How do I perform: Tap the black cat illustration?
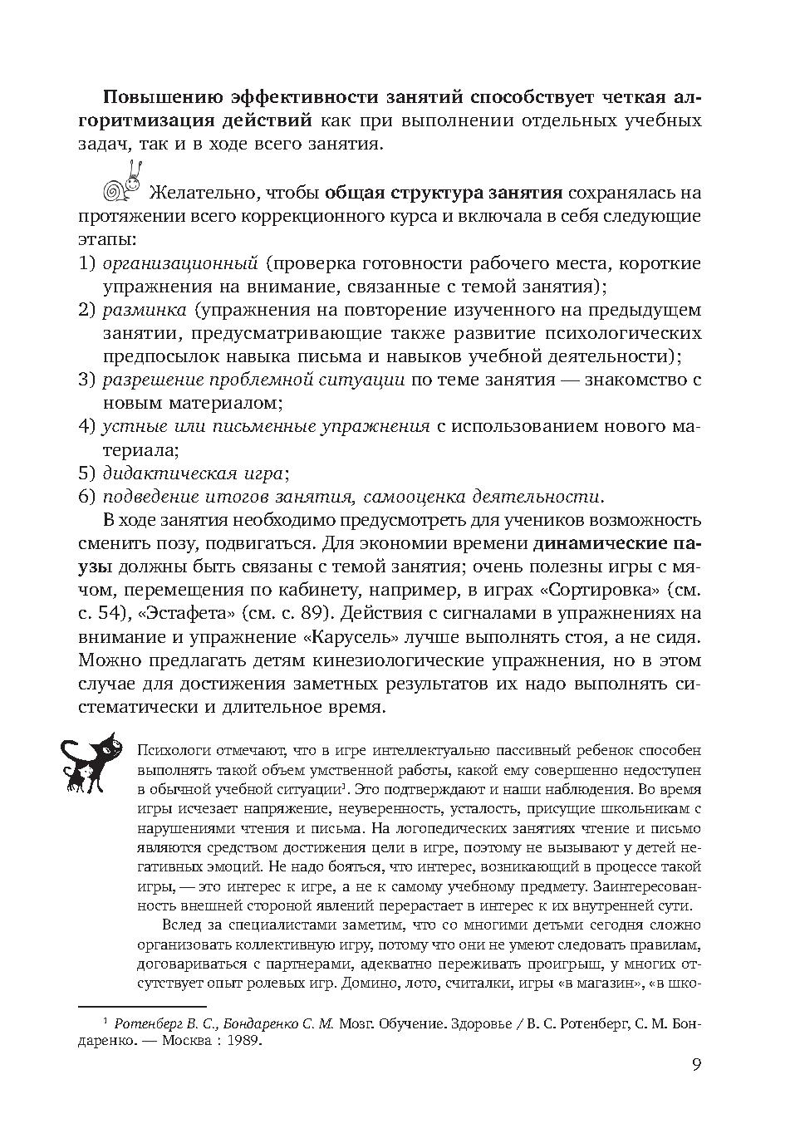click(x=90, y=760)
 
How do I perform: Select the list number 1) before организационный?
click(x=87, y=264)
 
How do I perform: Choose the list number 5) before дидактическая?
click(x=87, y=474)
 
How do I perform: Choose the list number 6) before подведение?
click(x=87, y=498)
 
